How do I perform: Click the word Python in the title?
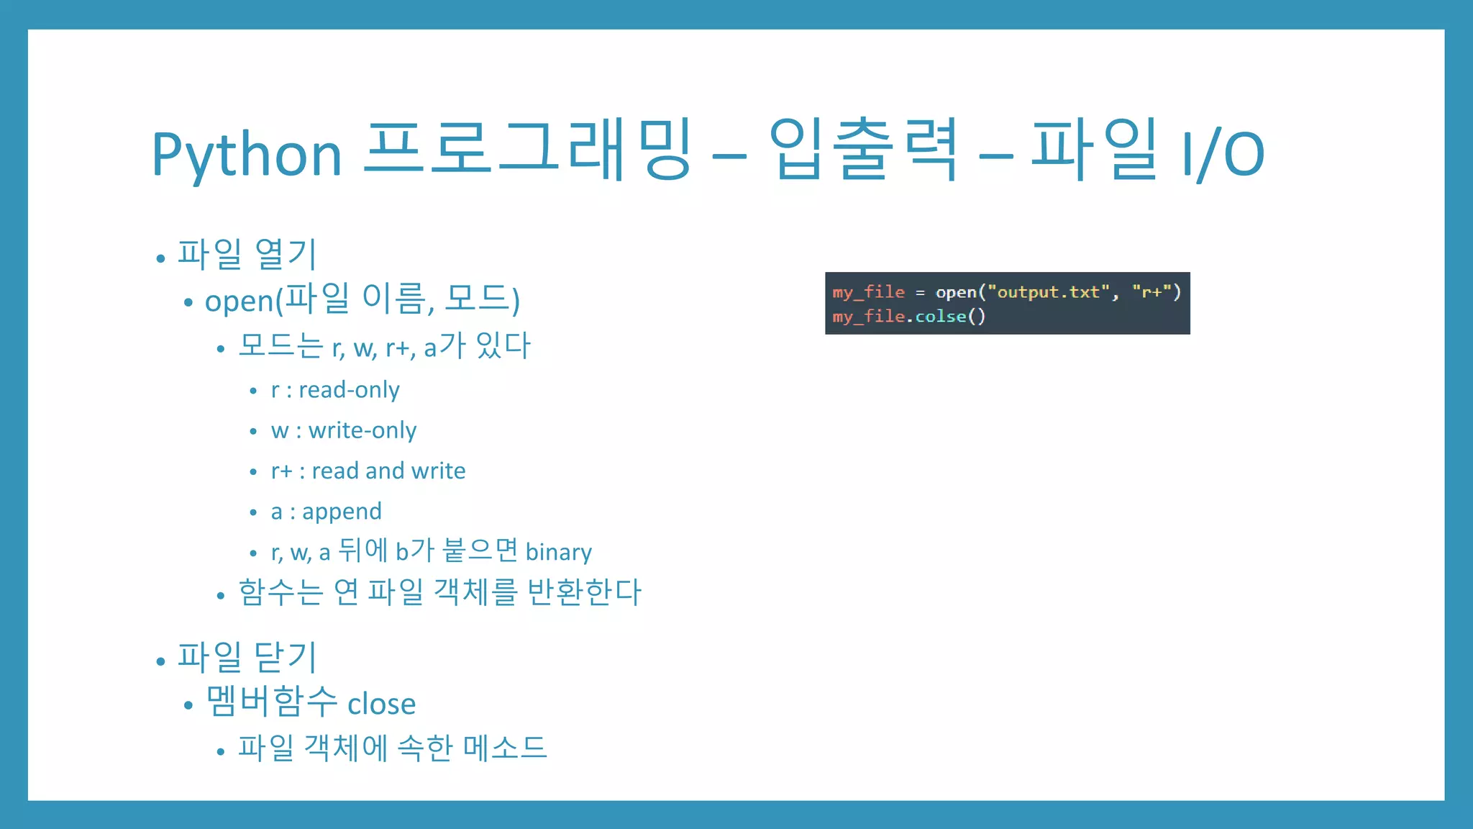click(246, 155)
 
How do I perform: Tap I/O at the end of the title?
click(1223, 153)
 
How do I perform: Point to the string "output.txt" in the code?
click(1049, 292)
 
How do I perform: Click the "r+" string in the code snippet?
click(1152, 292)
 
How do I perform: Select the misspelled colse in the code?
click(940, 317)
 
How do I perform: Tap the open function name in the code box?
click(955, 292)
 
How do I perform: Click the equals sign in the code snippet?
click(920, 293)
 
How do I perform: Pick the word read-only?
click(349, 390)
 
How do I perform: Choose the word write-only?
click(362, 430)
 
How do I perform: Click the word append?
click(342, 512)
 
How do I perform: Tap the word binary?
click(558, 552)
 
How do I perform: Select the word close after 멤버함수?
click(381, 704)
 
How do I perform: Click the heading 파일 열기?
click(247, 254)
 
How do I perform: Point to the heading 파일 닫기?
click(247, 657)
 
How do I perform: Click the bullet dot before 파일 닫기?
click(160, 661)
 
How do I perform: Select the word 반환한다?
click(583, 592)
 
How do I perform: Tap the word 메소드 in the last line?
click(504, 748)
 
